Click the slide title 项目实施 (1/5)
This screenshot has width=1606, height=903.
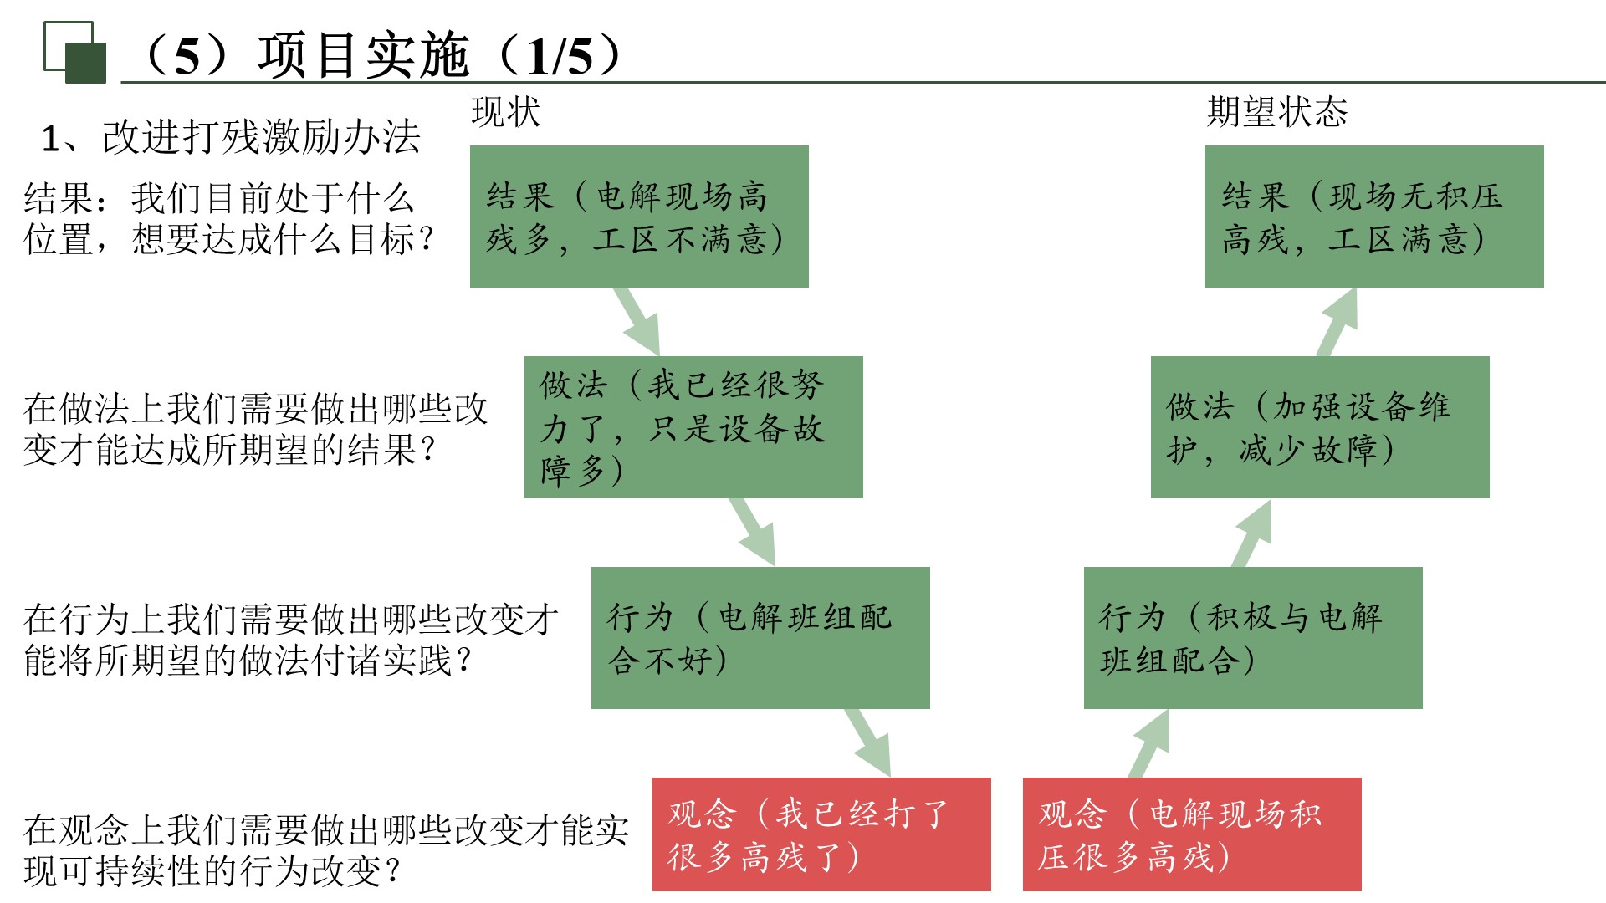(x=381, y=55)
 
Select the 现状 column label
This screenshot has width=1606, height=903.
(x=505, y=112)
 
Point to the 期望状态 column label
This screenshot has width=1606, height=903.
(x=1276, y=112)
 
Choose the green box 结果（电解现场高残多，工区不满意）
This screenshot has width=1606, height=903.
(x=639, y=217)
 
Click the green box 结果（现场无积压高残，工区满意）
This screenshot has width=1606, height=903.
(x=1373, y=217)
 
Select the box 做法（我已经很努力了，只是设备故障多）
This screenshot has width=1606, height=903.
(x=693, y=427)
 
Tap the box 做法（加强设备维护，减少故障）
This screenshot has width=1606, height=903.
(x=1319, y=427)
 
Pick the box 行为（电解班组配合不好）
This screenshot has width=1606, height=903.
(x=760, y=638)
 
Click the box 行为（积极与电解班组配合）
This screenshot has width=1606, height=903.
(x=1252, y=638)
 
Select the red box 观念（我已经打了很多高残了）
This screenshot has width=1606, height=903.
(x=821, y=834)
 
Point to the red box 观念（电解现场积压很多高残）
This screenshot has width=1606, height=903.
(x=1192, y=834)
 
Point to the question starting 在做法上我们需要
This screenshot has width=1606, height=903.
(x=254, y=429)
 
